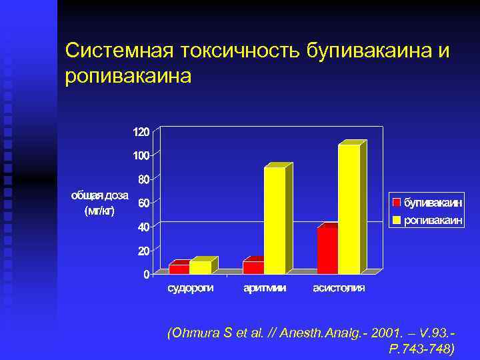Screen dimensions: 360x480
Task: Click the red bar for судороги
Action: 179,269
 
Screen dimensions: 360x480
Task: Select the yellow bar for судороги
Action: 200,267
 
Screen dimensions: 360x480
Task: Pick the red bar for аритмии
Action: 253,267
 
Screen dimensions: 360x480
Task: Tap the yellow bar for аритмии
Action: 275,220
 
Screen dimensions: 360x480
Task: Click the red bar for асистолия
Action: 327,251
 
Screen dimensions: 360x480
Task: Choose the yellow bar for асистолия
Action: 349,209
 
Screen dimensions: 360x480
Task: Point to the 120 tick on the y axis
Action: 141,132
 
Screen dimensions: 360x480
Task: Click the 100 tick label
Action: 141,155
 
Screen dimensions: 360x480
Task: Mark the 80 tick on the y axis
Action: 143,179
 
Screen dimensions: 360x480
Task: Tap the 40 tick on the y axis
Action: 143,227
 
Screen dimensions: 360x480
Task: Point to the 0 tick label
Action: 146,275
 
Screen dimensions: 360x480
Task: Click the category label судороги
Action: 190,288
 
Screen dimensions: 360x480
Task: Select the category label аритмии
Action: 265,288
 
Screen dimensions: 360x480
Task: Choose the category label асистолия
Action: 339,288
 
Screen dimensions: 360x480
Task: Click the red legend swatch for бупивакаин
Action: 396,202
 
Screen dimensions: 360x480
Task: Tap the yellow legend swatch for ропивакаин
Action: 396,219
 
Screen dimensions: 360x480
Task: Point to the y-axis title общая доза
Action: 100,195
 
